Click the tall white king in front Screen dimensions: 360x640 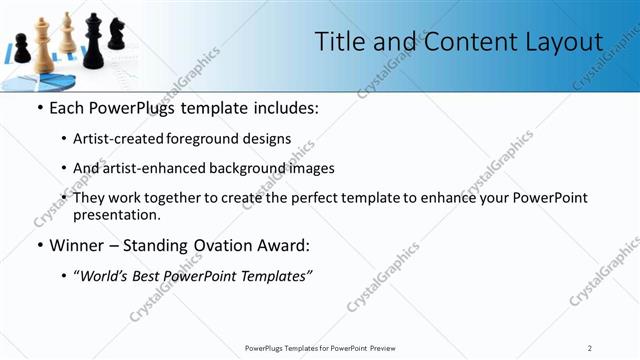[x=43, y=45]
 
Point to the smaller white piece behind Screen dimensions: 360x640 [x=67, y=34]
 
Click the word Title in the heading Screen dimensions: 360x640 [x=337, y=42]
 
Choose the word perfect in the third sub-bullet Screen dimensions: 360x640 [x=329, y=198]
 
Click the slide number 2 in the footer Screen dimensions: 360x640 [x=590, y=347]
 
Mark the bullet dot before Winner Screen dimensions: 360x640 [x=39, y=245]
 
